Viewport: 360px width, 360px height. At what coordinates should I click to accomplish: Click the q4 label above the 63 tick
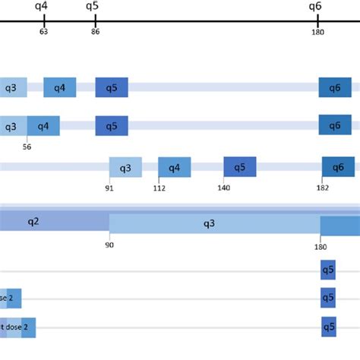click(43, 7)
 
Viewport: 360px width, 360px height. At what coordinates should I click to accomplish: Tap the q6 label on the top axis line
click(315, 7)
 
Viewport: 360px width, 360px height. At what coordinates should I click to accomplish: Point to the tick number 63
click(44, 32)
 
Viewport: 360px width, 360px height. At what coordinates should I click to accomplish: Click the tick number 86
click(95, 32)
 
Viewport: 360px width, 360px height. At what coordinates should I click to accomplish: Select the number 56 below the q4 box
click(28, 147)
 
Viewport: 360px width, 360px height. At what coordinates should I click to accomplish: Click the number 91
click(109, 188)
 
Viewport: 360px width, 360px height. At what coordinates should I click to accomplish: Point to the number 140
click(224, 188)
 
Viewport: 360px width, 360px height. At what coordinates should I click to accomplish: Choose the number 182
click(322, 188)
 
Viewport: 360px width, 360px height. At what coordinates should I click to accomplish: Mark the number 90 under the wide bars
click(109, 245)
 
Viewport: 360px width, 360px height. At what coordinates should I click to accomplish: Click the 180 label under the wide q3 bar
click(320, 245)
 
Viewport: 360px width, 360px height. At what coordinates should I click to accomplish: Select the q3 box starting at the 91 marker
click(125, 167)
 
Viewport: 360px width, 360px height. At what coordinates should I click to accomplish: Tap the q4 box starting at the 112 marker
click(174, 167)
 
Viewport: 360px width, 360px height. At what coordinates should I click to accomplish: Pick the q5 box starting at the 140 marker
click(240, 166)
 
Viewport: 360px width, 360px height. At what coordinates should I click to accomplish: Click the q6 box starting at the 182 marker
click(338, 166)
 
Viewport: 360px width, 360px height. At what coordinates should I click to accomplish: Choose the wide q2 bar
click(53, 222)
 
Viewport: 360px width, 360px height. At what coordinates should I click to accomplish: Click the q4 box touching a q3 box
click(43, 126)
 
